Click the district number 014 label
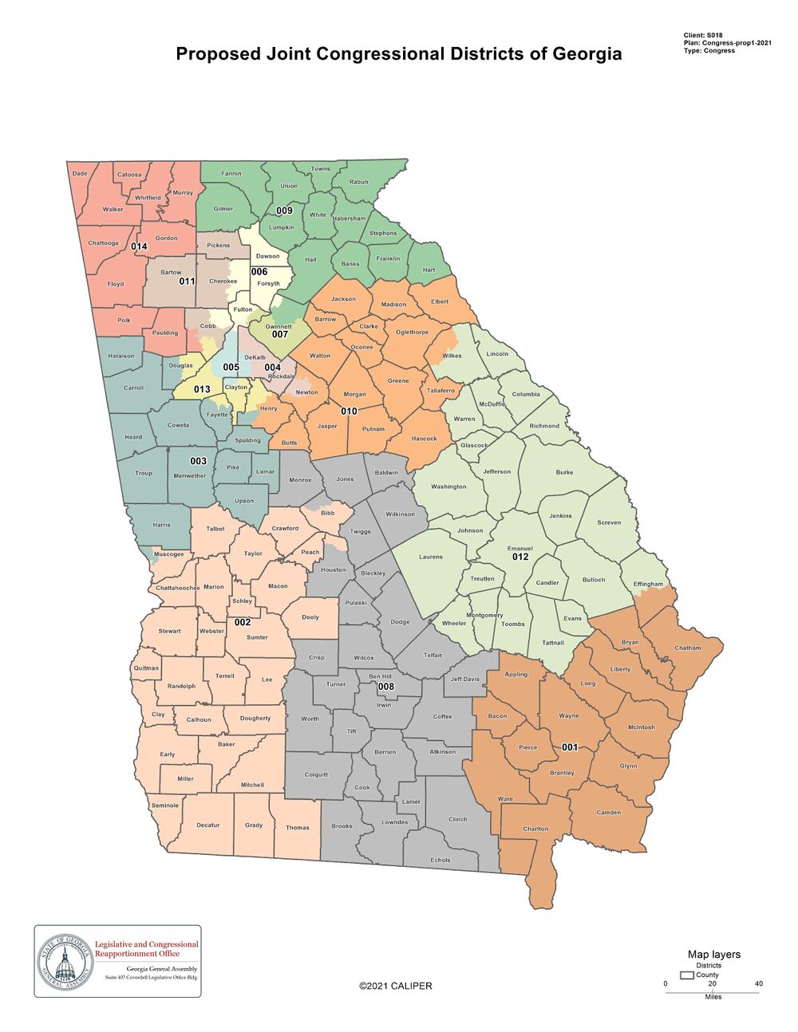[x=139, y=246]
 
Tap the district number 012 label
[x=520, y=557]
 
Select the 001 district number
[x=569, y=747]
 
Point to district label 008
[x=385, y=687]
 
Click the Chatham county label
[x=687, y=648]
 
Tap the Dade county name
[x=80, y=173]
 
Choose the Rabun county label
[x=359, y=182]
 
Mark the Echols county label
[x=440, y=860]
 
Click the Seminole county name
[x=165, y=806]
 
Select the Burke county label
[x=564, y=472]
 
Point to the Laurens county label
[x=430, y=557]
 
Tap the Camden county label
[x=609, y=813]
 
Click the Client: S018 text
[x=703, y=36]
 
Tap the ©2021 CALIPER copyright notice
[x=395, y=986]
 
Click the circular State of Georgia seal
[x=64, y=961]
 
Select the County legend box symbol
[x=686, y=975]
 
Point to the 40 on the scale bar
[x=759, y=983]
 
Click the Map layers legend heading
[x=713, y=955]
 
